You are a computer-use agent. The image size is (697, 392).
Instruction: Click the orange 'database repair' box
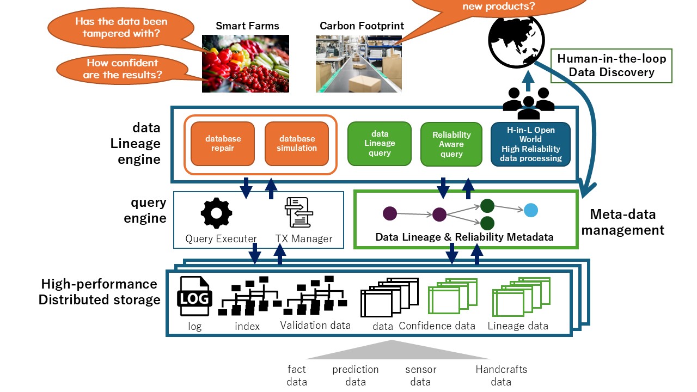point(223,143)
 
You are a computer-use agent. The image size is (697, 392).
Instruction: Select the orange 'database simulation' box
point(297,143)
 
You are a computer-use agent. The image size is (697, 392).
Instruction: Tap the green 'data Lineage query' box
point(380,143)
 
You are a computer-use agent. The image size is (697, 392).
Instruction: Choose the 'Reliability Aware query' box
point(451,144)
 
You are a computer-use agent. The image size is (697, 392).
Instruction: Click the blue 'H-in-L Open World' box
point(530,144)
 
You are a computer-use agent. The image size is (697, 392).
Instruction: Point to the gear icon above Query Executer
point(216,214)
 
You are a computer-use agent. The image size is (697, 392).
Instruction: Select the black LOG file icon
point(193,297)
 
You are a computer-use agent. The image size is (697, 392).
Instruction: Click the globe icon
point(512,40)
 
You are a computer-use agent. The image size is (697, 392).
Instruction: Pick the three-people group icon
point(528,102)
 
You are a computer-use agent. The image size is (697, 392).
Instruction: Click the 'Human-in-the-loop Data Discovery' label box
point(612,66)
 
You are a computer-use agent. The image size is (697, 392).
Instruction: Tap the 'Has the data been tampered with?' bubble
point(120,28)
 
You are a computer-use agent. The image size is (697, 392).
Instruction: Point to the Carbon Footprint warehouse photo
point(358,63)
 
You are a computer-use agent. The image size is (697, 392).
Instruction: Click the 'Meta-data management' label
point(623,222)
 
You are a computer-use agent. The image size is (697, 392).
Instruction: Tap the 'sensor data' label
point(420,376)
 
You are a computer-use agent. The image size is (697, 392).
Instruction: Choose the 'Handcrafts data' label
point(501,376)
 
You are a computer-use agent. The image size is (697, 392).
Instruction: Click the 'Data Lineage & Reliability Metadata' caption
point(464,237)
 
